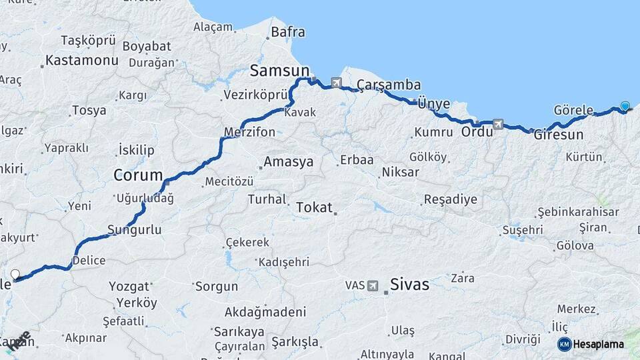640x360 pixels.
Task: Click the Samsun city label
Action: [x=279, y=70]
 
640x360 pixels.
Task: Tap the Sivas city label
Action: [x=409, y=284]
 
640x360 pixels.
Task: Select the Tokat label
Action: [x=314, y=207]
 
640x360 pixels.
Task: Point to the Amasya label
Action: [x=288, y=162]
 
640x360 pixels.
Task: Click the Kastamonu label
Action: [x=81, y=60]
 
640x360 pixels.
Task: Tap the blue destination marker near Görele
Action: [x=625, y=105]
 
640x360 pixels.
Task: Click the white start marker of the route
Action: [x=15, y=273]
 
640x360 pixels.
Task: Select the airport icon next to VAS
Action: [x=372, y=285]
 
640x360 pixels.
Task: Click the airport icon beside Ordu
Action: [x=497, y=124]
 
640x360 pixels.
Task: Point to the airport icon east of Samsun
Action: [x=335, y=83]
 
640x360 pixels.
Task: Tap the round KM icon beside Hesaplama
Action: [x=564, y=344]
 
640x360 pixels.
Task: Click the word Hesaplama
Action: [x=599, y=344]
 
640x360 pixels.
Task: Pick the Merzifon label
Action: [x=250, y=132]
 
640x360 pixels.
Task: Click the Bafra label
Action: [x=288, y=31]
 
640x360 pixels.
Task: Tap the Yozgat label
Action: [x=129, y=287]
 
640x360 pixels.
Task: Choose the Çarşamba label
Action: [x=389, y=85]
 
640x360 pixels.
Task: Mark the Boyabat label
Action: [x=147, y=47]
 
